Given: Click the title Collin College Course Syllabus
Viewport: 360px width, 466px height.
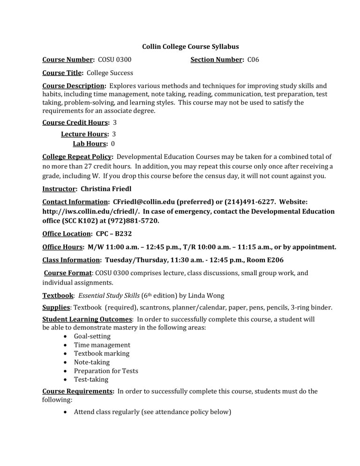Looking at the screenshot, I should tap(190, 46).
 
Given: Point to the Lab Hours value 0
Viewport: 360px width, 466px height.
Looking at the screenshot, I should tap(113, 143).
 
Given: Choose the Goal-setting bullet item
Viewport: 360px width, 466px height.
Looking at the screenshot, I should tap(92, 336).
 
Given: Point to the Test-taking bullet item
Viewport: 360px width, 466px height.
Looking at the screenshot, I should tap(91, 379).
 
